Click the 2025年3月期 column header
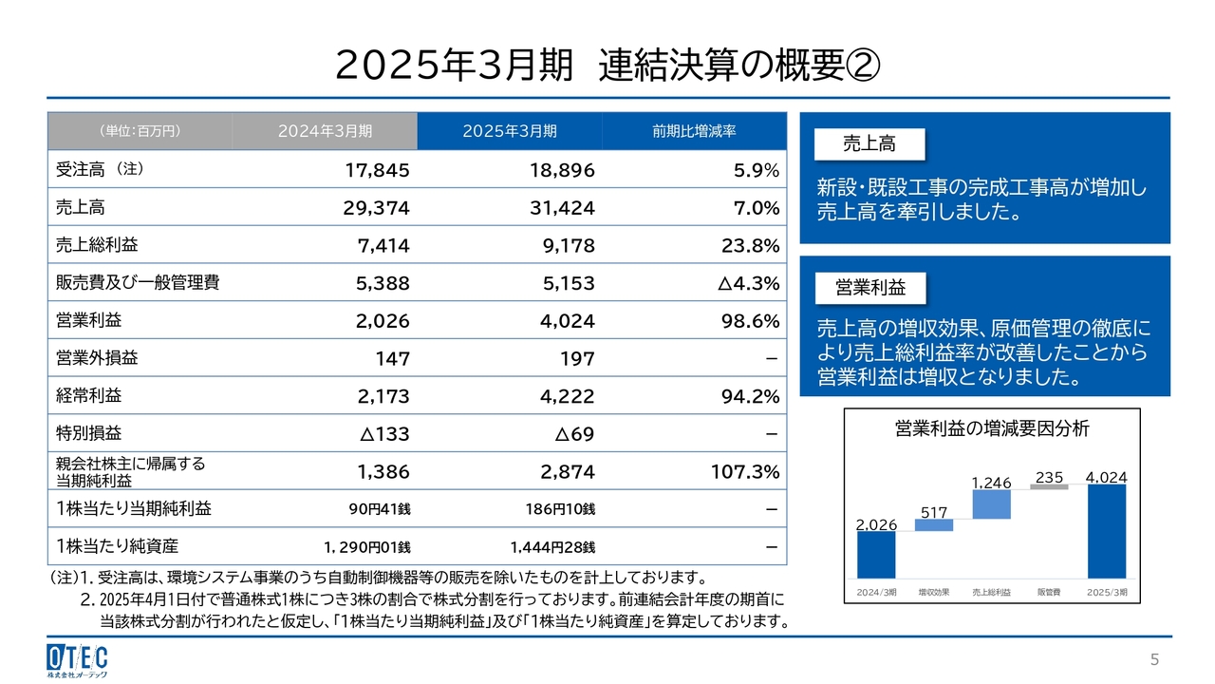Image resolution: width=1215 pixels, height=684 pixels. coord(510,131)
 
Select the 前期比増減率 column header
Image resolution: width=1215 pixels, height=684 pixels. coord(694,131)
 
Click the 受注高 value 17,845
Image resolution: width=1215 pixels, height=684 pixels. coord(377,170)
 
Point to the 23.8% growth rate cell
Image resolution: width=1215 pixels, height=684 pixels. coord(749,246)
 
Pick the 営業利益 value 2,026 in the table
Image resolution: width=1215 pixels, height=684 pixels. coord(383,321)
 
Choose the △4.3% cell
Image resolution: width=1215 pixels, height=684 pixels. coord(743,283)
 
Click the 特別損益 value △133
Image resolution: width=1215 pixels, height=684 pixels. coord(384,434)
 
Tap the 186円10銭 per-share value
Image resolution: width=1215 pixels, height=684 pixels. coord(559,509)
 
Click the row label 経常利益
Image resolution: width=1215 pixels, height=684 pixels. coord(89,396)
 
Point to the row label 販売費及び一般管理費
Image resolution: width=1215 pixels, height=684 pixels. coord(125,283)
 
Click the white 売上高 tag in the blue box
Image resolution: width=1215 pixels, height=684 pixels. coord(869,144)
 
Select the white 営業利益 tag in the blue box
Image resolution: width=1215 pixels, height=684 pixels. coord(869,287)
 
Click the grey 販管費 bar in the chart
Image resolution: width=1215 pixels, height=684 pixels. coord(1049,486)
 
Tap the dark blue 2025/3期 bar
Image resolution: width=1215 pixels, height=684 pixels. coord(1106,531)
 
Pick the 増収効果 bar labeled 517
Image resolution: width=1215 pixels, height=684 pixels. coord(934,525)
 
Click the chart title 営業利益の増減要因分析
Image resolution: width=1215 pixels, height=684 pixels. coord(992,429)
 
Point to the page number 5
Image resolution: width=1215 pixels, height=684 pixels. coord(1154,659)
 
